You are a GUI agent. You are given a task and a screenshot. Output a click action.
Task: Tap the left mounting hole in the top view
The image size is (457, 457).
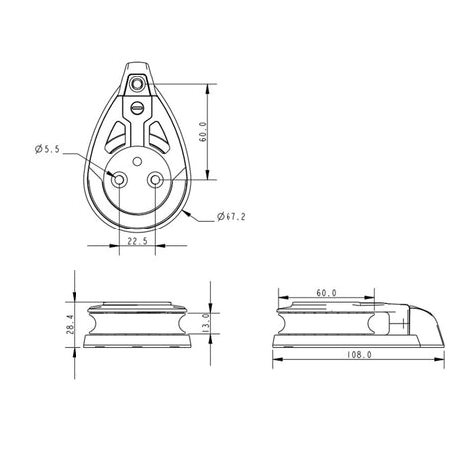[118, 181]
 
